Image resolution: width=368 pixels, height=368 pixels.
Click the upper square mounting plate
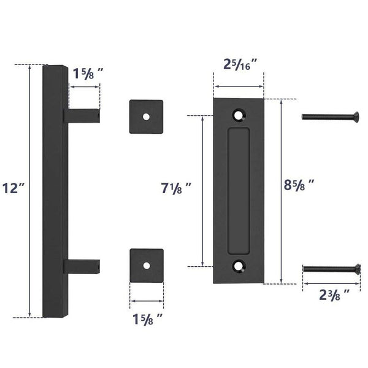(x=146, y=116)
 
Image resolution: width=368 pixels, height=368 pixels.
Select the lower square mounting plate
(x=146, y=265)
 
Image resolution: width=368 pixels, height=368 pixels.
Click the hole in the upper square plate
(x=146, y=116)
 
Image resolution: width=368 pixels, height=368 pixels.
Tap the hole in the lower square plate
(x=146, y=265)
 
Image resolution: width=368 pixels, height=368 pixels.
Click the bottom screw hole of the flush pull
(x=239, y=266)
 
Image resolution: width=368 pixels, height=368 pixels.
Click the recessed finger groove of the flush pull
(x=239, y=190)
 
